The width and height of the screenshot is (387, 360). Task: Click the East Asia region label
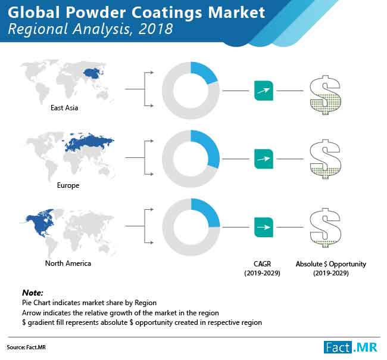64,108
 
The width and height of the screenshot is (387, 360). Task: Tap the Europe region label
68,185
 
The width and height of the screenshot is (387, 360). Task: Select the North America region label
68,263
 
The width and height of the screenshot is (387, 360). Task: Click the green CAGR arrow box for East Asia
264,91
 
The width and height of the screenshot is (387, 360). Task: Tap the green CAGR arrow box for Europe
264,159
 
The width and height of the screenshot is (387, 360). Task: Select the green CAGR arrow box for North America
264,227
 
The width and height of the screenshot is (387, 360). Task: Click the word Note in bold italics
33,293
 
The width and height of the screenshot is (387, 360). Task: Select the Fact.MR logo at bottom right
351,347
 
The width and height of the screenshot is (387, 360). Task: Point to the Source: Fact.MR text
26,347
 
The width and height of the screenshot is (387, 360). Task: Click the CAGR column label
262,268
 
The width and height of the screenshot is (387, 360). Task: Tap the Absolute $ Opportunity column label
330,268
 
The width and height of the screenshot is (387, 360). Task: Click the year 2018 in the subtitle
155,29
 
